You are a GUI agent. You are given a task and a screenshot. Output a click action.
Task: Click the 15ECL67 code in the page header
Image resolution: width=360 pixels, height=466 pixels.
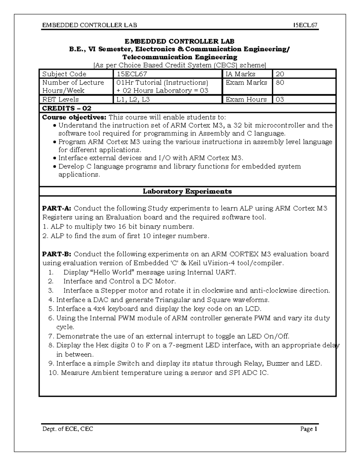305,25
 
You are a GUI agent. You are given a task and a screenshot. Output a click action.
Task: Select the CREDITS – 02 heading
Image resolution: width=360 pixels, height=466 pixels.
67,108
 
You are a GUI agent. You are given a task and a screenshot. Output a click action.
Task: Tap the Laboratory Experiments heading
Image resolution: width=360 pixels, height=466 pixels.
187,191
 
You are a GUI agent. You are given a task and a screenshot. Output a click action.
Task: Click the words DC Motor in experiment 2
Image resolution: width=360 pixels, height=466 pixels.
163,281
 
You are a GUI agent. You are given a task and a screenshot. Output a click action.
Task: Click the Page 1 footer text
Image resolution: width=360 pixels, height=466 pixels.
309,429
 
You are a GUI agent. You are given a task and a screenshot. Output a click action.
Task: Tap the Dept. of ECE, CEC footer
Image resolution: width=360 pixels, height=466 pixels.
67,429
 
